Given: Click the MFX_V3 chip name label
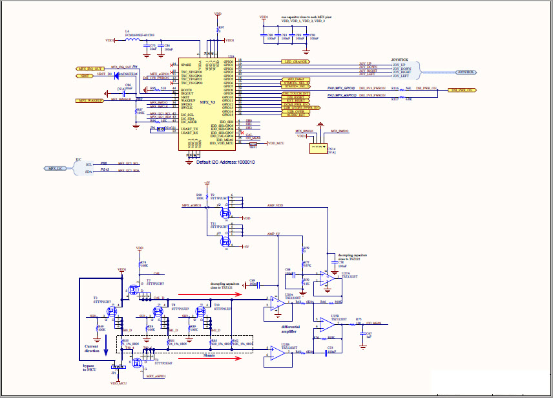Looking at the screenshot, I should pyautogui.click(x=207, y=103).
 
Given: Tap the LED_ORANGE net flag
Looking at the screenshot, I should pyautogui.click(x=296, y=61).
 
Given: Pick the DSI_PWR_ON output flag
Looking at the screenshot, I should pyautogui.click(x=463, y=90).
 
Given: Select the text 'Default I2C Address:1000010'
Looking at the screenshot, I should pyautogui.click(x=225, y=161).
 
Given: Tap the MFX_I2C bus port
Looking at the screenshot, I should pyautogui.click(x=55, y=168).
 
